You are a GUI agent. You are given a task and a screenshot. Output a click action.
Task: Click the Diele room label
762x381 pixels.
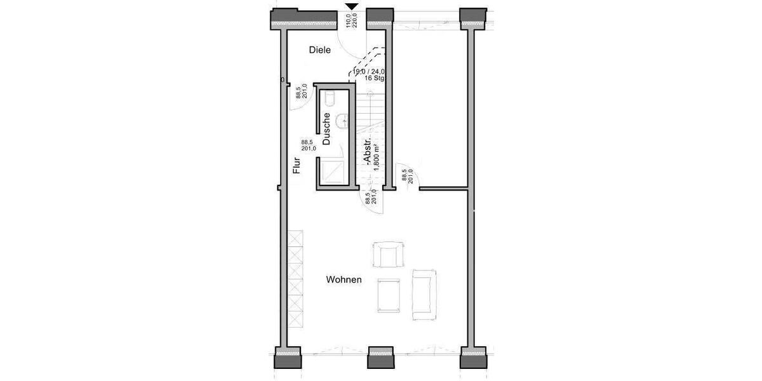tap(319, 50)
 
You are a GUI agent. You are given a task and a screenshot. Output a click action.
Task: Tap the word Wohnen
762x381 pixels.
tap(344, 279)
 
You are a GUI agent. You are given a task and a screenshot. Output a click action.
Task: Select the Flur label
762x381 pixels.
tap(296, 166)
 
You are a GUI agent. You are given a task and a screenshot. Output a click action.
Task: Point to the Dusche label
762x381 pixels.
tap(326, 130)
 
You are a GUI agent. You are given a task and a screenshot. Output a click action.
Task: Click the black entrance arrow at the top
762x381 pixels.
tap(352, 7)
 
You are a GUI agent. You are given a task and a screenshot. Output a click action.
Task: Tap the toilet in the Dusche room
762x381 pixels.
tap(330, 99)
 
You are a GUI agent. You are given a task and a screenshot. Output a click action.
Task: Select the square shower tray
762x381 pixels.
tap(333, 172)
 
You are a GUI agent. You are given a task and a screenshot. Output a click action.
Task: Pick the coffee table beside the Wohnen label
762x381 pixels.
tap(389, 295)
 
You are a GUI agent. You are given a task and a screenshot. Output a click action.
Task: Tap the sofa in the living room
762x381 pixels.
tap(424, 293)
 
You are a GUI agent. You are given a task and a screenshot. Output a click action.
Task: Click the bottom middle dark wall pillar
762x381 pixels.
tap(380, 359)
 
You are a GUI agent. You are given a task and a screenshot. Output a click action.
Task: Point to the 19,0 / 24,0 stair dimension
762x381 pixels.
tap(369, 72)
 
